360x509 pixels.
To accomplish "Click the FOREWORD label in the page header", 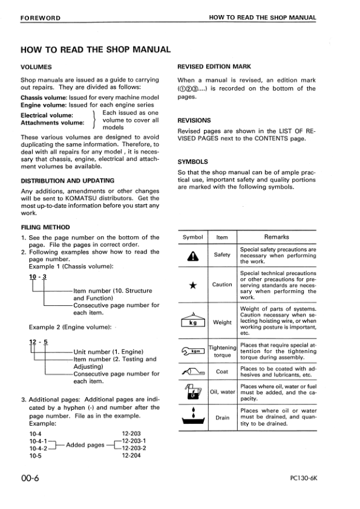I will point(40,18).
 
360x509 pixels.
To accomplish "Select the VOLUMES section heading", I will point(36,66).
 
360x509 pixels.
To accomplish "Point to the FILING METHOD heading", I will point(45,227).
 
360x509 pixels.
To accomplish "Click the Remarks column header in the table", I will point(277,237).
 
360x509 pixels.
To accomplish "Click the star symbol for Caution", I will point(193,285).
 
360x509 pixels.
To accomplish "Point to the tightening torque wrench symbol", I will point(193,351).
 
